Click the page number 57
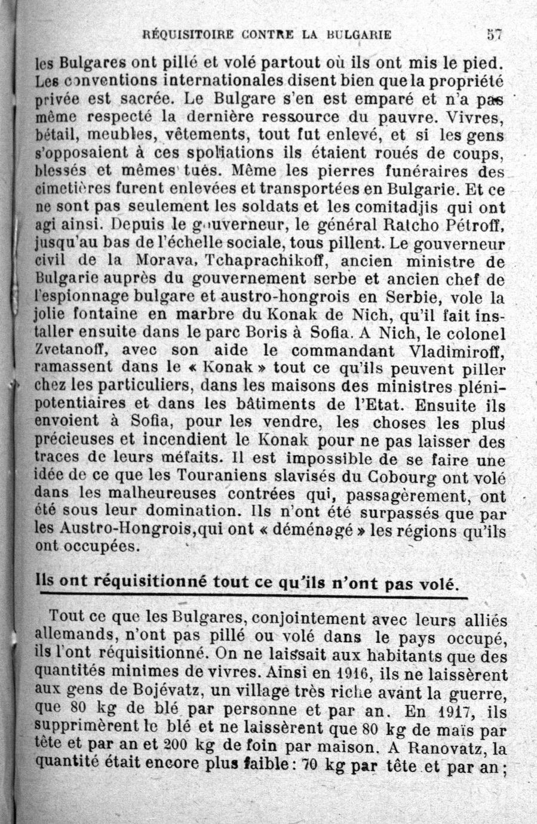(x=494, y=34)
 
